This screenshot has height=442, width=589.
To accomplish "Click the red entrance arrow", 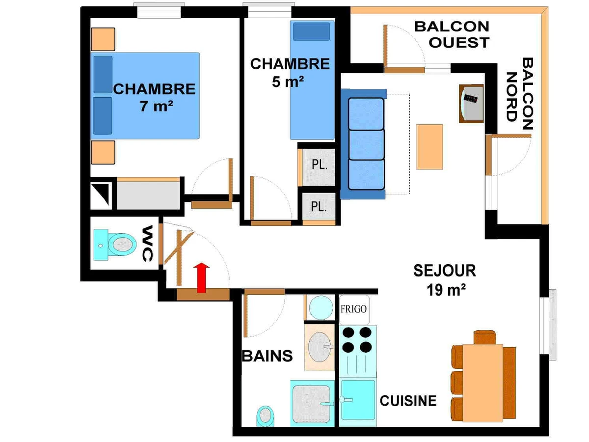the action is point(201,278).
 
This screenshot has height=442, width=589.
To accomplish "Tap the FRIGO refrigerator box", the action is point(354,310).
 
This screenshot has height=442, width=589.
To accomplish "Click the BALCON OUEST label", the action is point(452,34).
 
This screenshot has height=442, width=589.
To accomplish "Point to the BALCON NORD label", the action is point(519,93).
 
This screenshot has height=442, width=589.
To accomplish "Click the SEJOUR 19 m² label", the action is point(445,280).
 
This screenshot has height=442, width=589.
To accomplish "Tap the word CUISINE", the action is point(408,401).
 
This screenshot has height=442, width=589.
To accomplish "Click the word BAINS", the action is point(267,356).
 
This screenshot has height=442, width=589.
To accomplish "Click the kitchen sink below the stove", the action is point(358,400).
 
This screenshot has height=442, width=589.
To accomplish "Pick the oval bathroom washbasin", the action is point(320,347).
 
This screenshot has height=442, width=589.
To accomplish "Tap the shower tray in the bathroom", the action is point(312,403).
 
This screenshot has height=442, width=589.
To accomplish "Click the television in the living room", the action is point(471,104).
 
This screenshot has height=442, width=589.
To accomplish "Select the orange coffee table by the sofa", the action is point(429,147).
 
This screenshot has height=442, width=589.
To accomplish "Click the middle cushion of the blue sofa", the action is point(366,145).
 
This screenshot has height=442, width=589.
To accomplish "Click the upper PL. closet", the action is point(319,167).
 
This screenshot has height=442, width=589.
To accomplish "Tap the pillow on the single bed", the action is point(311,31).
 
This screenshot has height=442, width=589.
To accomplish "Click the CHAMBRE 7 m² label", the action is point(155,97).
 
